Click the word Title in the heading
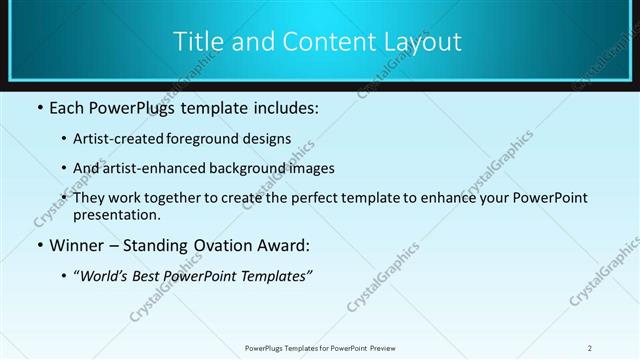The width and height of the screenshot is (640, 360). point(198,42)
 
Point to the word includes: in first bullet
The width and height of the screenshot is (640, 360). point(284,108)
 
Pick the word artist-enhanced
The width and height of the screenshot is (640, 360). point(141,169)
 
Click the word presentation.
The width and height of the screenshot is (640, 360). point(116,215)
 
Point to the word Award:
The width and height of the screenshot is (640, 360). point(280,245)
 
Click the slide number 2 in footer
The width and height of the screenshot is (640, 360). point(589,348)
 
